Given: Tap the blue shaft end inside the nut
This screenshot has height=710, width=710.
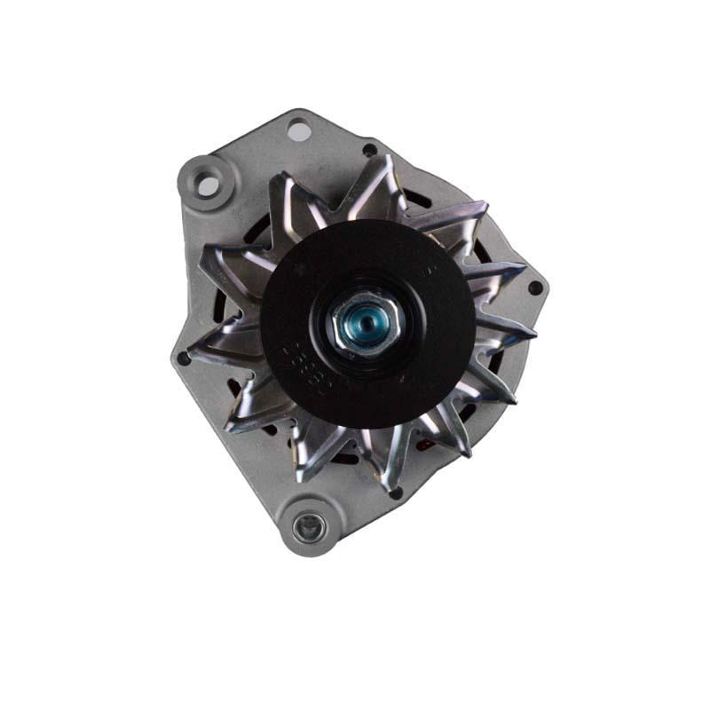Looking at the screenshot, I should [364, 317].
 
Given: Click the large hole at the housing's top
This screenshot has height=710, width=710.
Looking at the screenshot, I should [299, 130].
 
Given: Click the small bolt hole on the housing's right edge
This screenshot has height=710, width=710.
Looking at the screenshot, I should [534, 288].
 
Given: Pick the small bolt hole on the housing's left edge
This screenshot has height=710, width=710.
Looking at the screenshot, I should [183, 358].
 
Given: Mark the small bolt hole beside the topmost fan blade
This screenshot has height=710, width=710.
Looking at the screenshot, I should [368, 150].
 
